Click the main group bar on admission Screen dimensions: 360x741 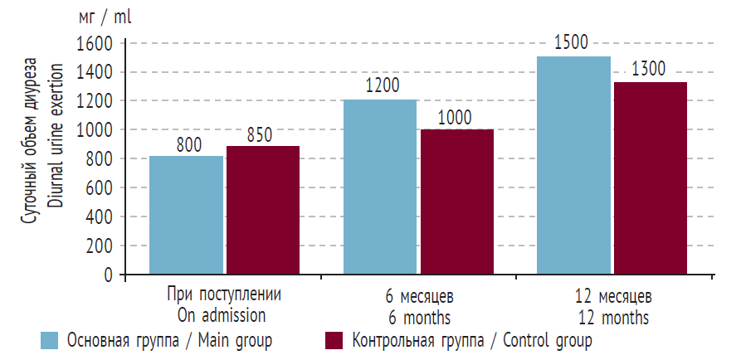pos(187,215)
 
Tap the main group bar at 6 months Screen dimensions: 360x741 pos(380,187)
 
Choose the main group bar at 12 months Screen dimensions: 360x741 pos(573,165)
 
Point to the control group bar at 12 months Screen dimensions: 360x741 pos(651,178)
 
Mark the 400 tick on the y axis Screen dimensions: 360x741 pos(100,217)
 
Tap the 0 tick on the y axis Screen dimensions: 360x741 pos(108,275)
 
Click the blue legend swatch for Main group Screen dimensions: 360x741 pos(50,341)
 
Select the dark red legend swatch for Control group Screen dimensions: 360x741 pos(334,341)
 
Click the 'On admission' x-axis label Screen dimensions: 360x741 pos(222,315)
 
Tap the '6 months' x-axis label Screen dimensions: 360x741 pos(418,318)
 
